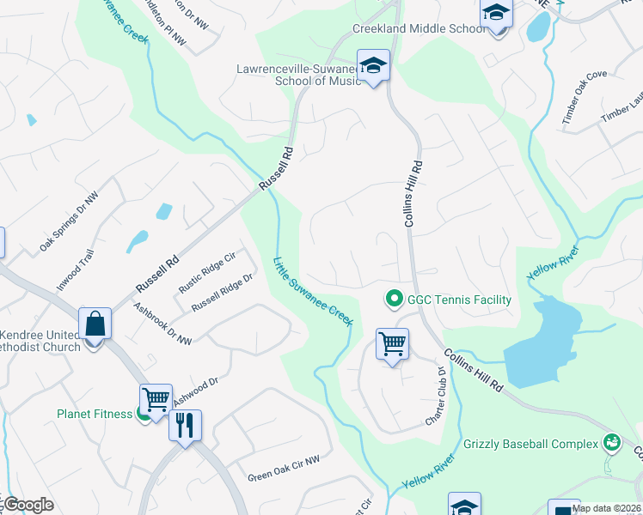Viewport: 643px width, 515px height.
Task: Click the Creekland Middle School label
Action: (x=419, y=29)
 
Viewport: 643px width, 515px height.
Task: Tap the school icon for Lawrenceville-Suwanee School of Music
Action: (x=374, y=65)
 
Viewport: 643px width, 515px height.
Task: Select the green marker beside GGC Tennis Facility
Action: (x=395, y=300)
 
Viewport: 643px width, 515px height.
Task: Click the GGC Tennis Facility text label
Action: (x=459, y=300)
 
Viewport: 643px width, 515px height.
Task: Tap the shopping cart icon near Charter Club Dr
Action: (x=392, y=344)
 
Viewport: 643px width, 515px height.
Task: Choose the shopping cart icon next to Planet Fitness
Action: (x=156, y=399)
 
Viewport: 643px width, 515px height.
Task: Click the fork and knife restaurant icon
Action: (x=185, y=425)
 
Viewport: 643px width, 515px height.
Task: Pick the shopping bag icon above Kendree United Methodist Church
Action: (x=95, y=325)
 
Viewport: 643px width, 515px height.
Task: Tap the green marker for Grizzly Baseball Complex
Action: (x=612, y=443)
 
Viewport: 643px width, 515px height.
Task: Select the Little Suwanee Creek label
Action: (x=313, y=290)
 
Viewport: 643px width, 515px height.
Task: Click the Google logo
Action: (x=28, y=505)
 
